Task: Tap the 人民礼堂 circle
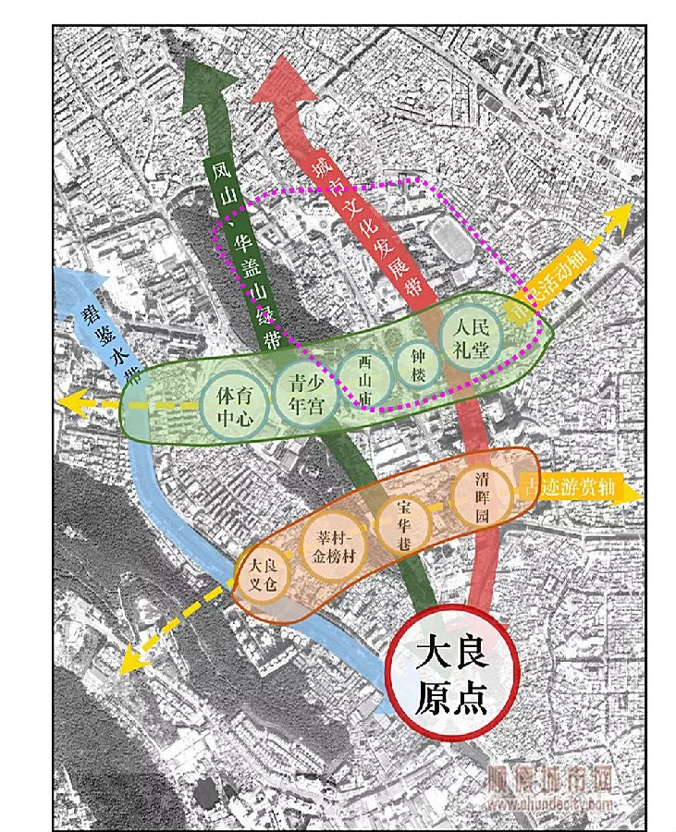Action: (x=472, y=338)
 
